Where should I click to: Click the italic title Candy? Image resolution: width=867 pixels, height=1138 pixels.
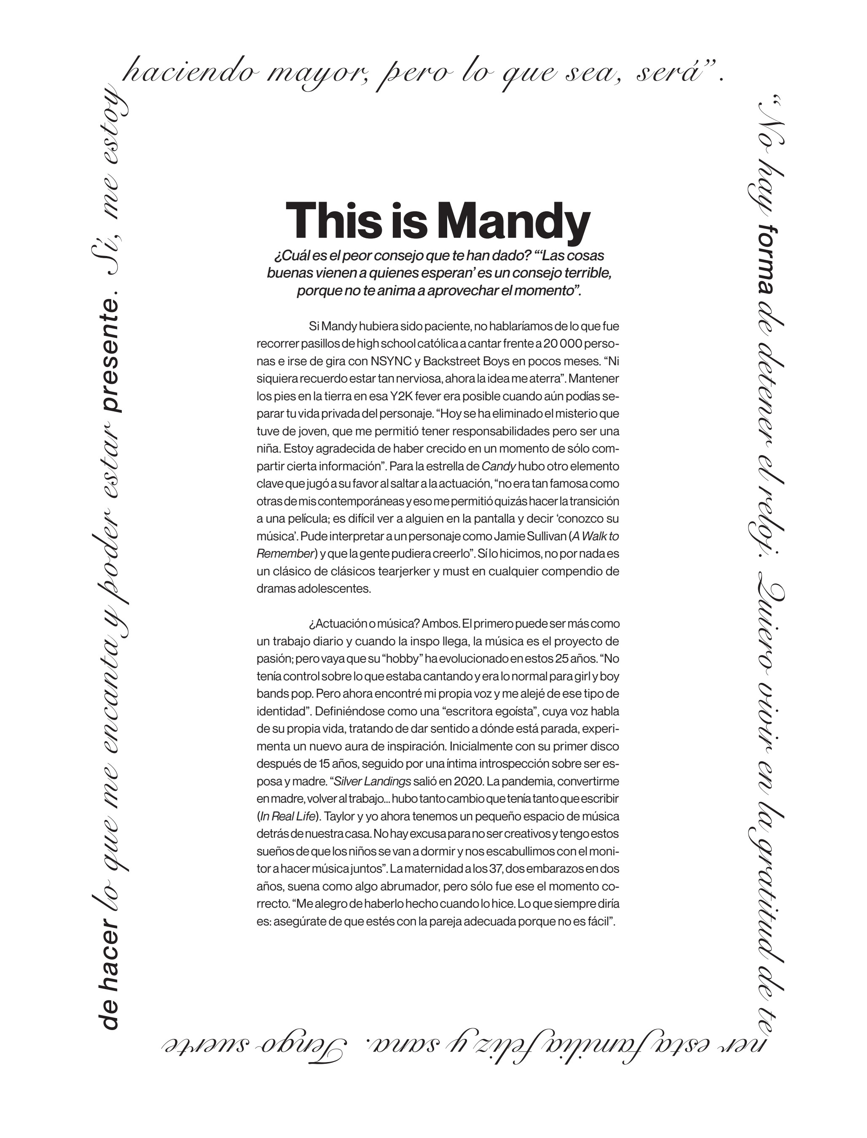(x=499, y=466)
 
